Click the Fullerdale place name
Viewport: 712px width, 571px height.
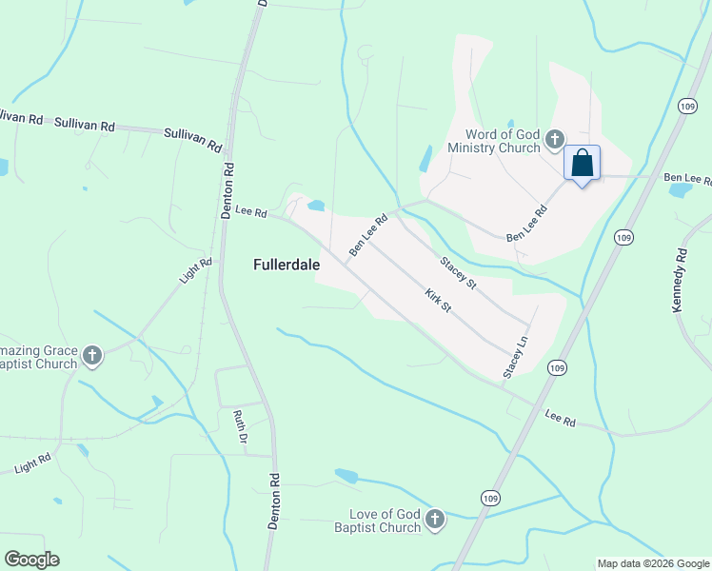(x=286, y=265)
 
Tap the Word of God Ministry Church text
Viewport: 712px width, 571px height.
(x=503, y=141)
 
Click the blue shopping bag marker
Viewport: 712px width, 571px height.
(x=582, y=163)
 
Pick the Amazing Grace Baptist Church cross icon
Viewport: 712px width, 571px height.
(x=91, y=356)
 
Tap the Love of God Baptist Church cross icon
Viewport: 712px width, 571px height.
(x=435, y=519)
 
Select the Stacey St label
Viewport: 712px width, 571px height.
(x=458, y=273)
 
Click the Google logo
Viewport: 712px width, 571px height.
(x=31, y=559)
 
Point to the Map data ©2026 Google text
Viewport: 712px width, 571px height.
(x=653, y=563)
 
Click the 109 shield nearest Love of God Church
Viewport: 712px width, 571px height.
(x=488, y=499)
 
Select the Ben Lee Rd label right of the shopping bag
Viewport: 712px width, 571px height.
(x=686, y=178)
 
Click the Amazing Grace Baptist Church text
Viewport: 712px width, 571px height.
(x=38, y=357)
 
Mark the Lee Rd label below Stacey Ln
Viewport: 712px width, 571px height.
(x=561, y=418)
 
